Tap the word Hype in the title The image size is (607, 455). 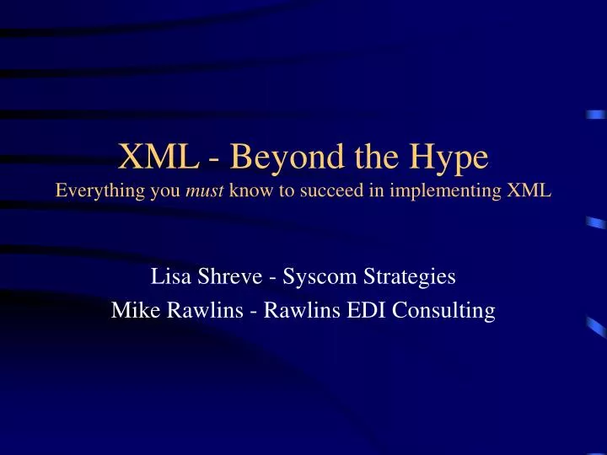coord(443,158)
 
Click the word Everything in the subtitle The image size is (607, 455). coord(93,190)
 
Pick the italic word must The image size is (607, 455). coord(183,190)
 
